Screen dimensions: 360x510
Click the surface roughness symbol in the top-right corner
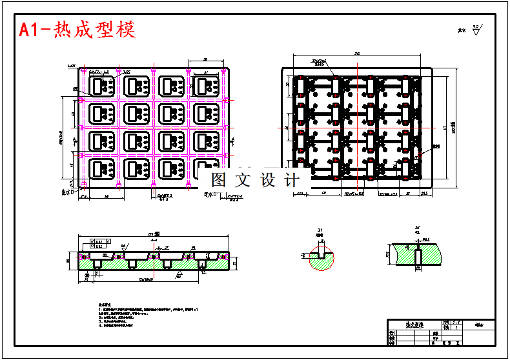476,29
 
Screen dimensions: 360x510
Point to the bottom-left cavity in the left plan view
102,170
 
